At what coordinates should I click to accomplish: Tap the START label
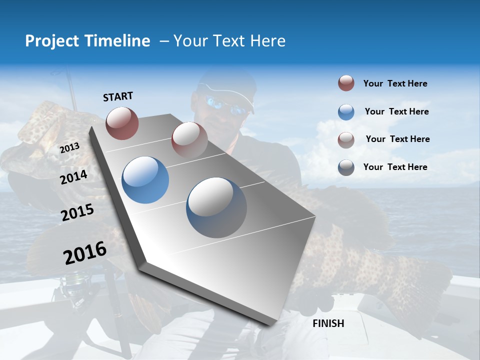(x=118, y=96)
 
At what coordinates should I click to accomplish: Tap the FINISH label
(x=328, y=323)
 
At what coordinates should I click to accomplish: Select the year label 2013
(x=69, y=148)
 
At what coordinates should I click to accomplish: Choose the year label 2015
(x=77, y=212)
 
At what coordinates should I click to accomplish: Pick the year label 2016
(x=85, y=253)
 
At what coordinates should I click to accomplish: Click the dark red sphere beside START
(x=122, y=122)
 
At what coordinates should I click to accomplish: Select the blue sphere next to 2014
(x=145, y=180)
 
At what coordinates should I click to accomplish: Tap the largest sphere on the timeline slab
(x=216, y=207)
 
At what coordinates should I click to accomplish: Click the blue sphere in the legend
(x=346, y=112)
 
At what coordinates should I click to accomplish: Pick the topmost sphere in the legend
(x=346, y=83)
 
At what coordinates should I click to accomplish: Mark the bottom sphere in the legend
(x=346, y=167)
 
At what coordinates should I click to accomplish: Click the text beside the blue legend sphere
(x=397, y=111)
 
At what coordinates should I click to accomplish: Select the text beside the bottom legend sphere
(x=395, y=167)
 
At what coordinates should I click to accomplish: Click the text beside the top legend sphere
(x=395, y=83)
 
